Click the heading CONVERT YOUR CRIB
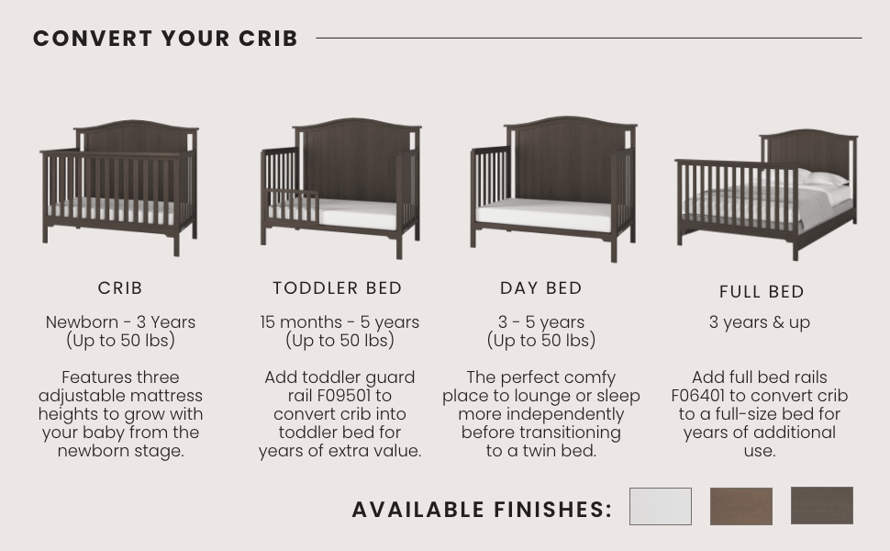point(165,39)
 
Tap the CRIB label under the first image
point(120,287)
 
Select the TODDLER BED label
point(338,287)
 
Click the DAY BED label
point(541,287)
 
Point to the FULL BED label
point(762,291)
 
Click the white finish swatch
point(660,506)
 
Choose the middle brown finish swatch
point(740,506)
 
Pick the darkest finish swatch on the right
point(821,505)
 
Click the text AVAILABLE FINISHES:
point(482,510)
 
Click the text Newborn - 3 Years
point(120,322)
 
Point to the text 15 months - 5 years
point(339,322)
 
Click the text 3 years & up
point(759,322)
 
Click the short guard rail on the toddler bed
point(294,207)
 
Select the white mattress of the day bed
point(546,217)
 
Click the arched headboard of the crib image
point(136,138)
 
